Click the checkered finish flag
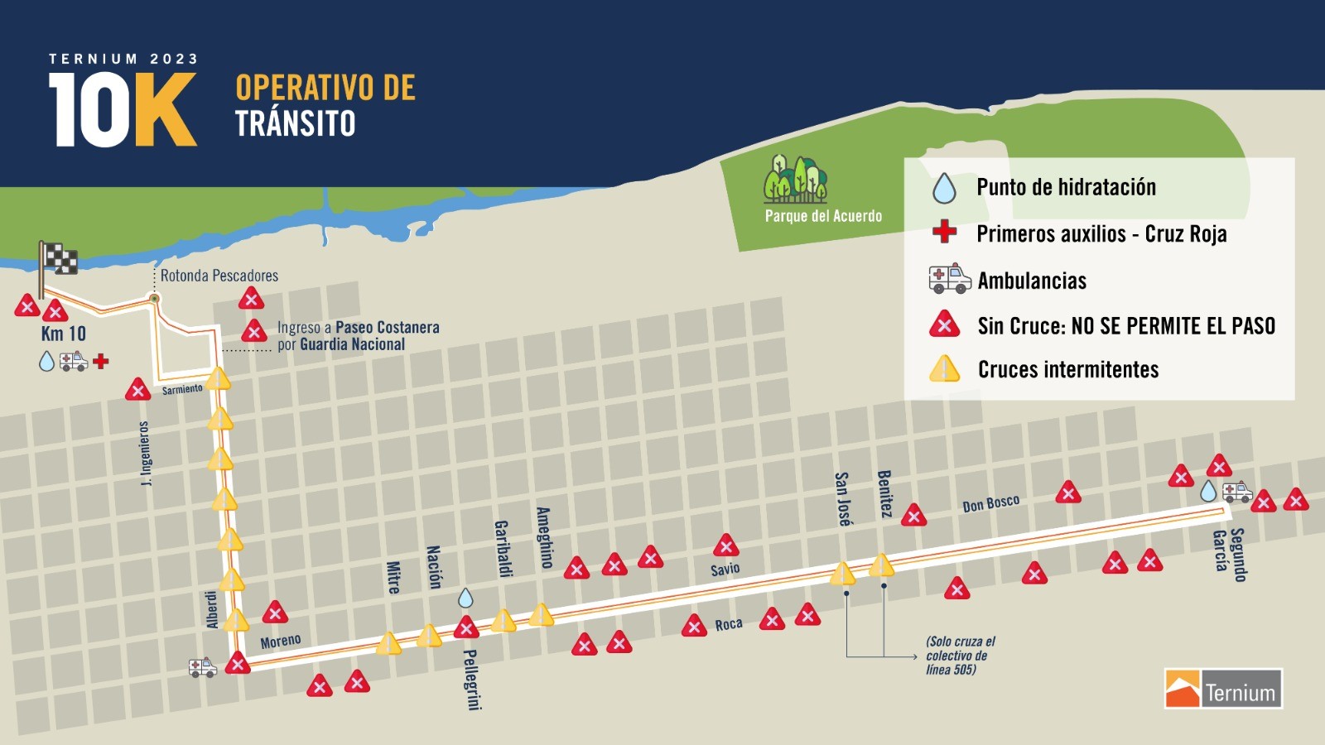[58, 259]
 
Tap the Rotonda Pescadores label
[219, 276]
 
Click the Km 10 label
[64, 334]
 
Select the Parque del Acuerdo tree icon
[795, 178]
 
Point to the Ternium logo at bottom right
[1223, 689]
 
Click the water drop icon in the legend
[944, 188]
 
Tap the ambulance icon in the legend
[950, 280]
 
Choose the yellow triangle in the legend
[944, 369]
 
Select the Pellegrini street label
[471, 680]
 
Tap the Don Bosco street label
[990, 503]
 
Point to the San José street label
[842, 499]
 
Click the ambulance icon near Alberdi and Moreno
[202, 667]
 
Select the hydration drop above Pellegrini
[465, 598]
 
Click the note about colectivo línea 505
[960, 656]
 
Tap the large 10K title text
[123, 110]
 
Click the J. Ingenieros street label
[145, 454]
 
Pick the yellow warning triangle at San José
[842, 573]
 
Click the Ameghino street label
[543, 537]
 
